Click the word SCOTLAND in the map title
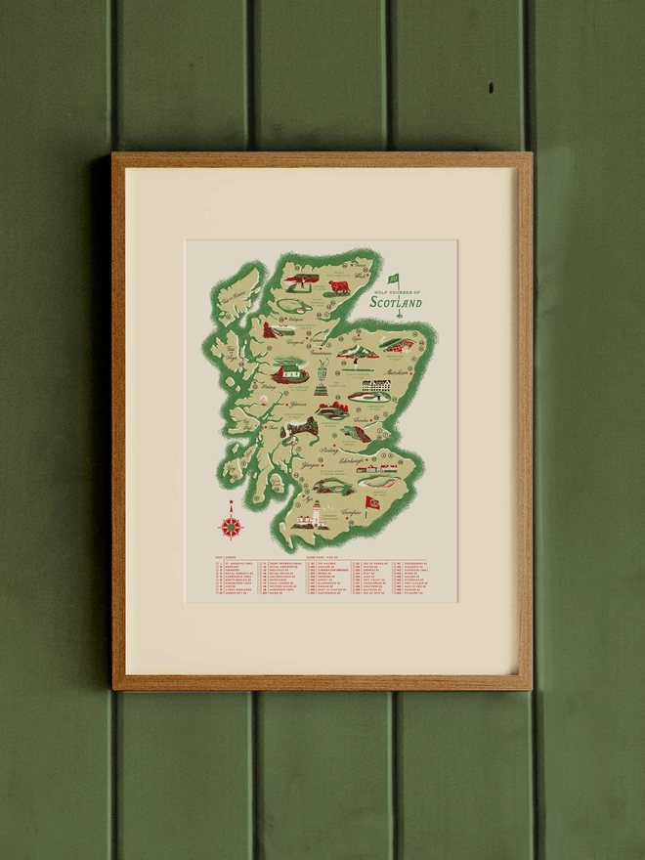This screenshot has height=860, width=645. click(x=397, y=304)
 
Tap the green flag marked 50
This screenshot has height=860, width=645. click(x=394, y=279)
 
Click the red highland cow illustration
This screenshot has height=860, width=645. click(x=339, y=287)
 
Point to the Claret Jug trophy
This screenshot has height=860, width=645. click(x=321, y=376)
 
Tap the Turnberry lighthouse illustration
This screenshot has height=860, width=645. click(x=315, y=512)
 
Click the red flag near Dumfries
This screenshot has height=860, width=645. click(x=371, y=502)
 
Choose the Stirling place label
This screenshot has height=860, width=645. click(x=327, y=451)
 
